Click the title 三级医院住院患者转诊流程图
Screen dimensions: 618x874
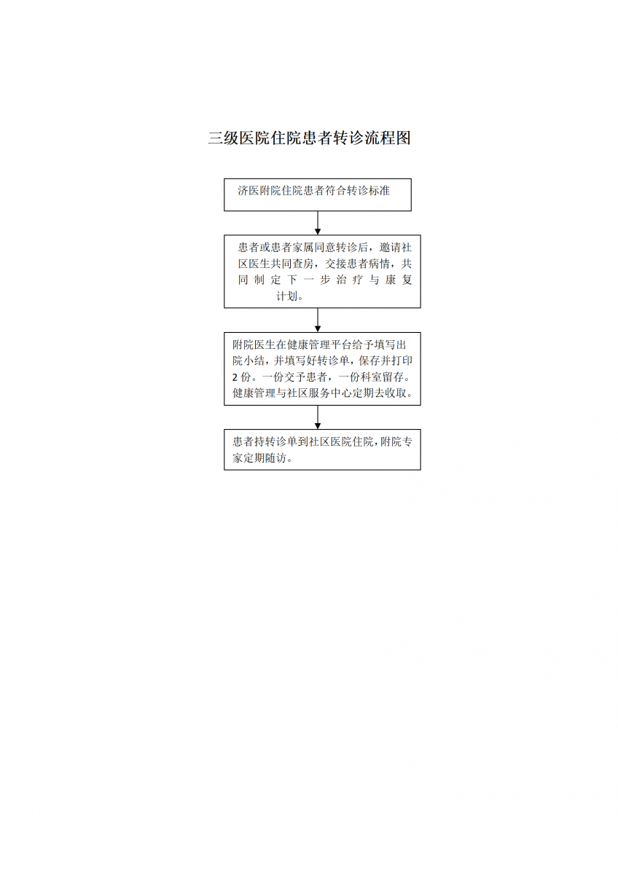click(x=309, y=138)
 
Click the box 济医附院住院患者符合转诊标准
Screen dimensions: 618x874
click(x=318, y=194)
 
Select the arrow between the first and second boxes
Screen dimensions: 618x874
click(x=318, y=223)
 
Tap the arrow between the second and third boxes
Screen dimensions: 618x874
click(x=318, y=320)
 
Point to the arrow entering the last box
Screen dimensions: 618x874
click(x=318, y=417)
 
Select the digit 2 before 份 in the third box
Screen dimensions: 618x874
click(x=235, y=377)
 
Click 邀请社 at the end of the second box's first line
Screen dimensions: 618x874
click(x=396, y=248)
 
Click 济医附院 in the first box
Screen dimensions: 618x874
click(x=259, y=191)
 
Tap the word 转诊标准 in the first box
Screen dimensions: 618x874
click(x=368, y=191)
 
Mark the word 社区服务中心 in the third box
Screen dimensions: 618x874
click(x=319, y=393)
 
